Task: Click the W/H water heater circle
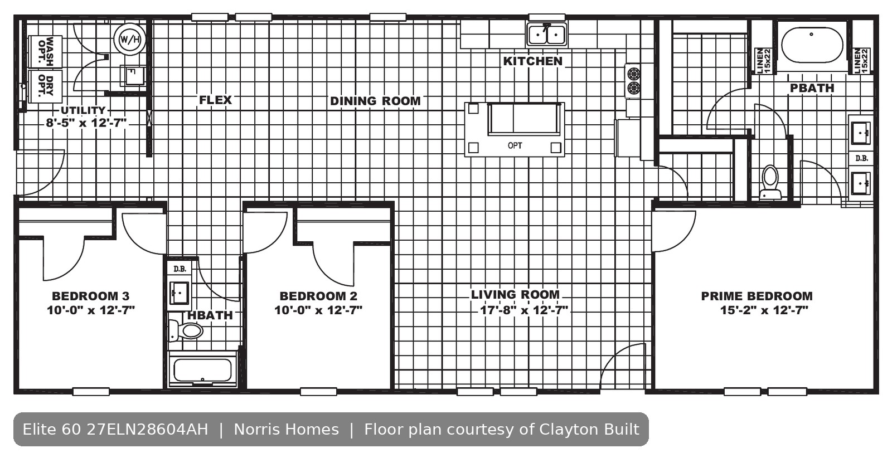pyautogui.click(x=130, y=39)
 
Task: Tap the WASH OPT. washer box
pyautogui.click(x=45, y=52)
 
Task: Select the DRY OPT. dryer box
pyautogui.click(x=45, y=86)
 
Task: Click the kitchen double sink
pyautogui.click(x=547, y=35)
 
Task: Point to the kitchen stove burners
pyautogui.click(x=633, y=81)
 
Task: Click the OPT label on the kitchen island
pyautogui.click(x=515, y=145)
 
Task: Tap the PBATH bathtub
pyautogui.click(x=812, y=45)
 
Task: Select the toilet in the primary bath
pyautogui.click(x=770, y=182)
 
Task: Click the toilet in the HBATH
pyautogui.click(x=186, y=330)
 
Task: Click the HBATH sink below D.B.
pyautogui.click(x=179, y=293)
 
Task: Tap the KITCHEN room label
pyautogui.click(x=533, y=61)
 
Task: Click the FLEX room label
pyautogui.click(x=215, y=100)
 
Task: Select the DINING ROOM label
pyautogui.click(x=375, y=101)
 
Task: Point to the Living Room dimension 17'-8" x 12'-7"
pyautogui.click(x=524, y=310)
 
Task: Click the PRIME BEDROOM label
pyautogui.click(x=757, y=296)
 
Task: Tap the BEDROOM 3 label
pyautogui.click(x=91, y=296)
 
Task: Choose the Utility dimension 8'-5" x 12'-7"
pyautogui.click(x=86, y=123)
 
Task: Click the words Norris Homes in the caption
pyautogui.click(x=287, y=430)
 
